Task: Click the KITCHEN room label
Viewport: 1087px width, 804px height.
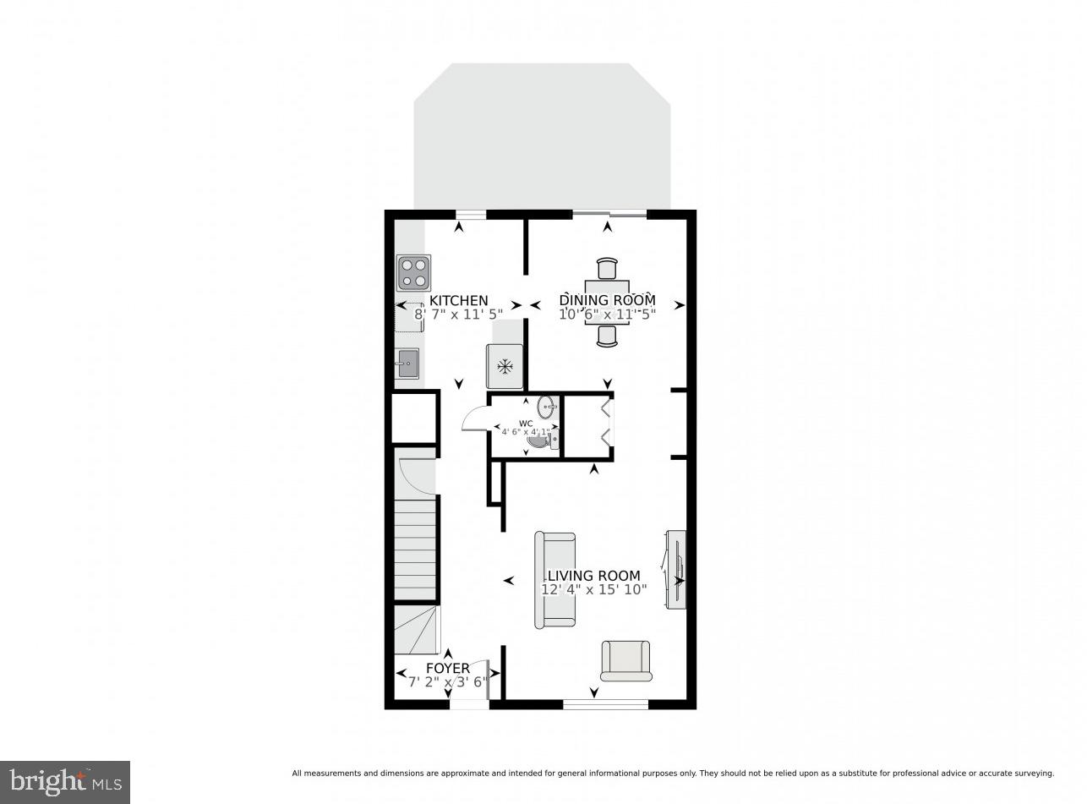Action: click(x=458, y=300)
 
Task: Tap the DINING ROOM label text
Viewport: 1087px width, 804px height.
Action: click(x=607, y=300)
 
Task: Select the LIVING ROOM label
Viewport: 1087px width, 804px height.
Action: click(x=593, y=576)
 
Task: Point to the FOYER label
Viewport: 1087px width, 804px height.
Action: click(x=447, y=669)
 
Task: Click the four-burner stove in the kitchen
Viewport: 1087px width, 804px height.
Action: click(x=414, y=272)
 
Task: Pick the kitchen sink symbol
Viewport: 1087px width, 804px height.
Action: click(x=407, y=364)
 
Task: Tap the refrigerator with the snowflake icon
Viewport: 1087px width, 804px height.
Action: click(x=505, y=366)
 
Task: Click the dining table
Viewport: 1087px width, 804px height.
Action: click(x=607, y=302)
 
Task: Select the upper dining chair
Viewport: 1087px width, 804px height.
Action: click(x=607, y=268)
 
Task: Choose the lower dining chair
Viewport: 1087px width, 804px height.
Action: click(x=607, y=336)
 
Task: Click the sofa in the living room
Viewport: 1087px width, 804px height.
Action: click(x=554, y=580)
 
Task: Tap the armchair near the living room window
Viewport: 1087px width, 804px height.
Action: click(x=626, y=660)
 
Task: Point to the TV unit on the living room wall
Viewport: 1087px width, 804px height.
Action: click(x=676, y=569)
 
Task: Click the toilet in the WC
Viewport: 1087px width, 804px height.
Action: click(x=539, y=438)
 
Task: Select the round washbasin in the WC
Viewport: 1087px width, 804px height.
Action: click(x=547, y=407)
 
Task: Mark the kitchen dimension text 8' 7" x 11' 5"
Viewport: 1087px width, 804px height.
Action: click(x=458, y=314)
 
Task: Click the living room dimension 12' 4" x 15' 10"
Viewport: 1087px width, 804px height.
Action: click(x=593, y=589)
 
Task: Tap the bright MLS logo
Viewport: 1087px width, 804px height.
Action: click(x=65, y=782)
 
